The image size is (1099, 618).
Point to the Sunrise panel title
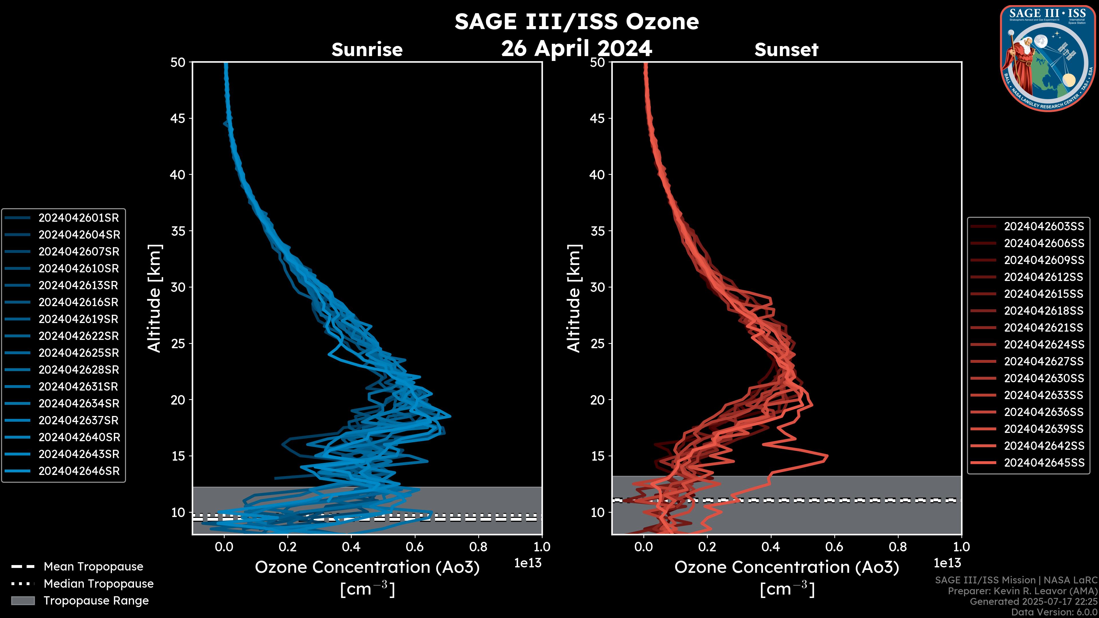367,49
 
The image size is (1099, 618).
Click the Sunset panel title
786,49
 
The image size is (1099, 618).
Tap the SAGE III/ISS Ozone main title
576,21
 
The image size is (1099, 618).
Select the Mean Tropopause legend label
93,567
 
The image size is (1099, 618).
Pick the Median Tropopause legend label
98,584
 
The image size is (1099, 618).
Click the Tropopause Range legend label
96,601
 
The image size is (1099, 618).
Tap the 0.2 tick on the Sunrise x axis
288,547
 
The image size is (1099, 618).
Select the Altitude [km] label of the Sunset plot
574,298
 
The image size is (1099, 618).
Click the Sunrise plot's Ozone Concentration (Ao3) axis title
367,568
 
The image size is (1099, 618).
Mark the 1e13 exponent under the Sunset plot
947,563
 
